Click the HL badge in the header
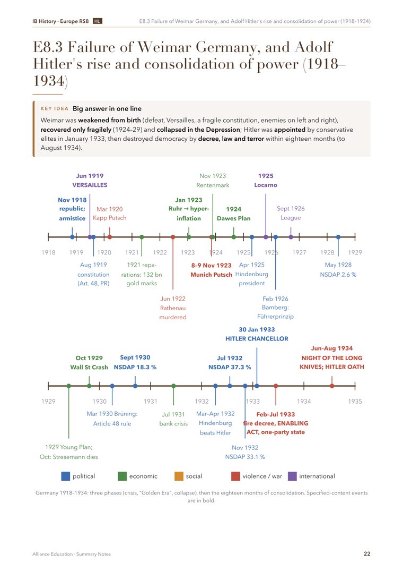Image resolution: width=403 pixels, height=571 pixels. [x=98, y=21]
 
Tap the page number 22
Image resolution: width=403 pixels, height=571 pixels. [x=367, y=553]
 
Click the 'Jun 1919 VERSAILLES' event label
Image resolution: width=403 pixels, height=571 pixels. [x=90, y=180]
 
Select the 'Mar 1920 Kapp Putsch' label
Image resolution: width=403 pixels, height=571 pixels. [x=109, y=214]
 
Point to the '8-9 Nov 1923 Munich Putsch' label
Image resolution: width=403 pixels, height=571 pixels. [x=211, y=270]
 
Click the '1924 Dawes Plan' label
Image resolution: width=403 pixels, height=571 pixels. [x=234, y=214]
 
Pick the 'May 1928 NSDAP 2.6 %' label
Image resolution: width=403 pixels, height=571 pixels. [x=338, y=269]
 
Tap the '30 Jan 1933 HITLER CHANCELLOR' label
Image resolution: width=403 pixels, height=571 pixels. [x=257, y=334]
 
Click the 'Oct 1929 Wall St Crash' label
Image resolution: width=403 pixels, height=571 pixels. [x=89, y=362]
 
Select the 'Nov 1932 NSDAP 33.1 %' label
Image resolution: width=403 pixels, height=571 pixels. [x=245, y=452]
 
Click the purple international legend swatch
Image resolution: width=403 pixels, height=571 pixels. [x=292, y=476]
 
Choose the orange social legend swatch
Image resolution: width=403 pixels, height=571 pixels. [x=179, y=476]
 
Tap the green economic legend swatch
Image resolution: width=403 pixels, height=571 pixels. [x=122, y=476]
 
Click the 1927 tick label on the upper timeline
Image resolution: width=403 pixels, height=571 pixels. [x=299, y=252]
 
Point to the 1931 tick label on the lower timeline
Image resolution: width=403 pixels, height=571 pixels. [x=151, y=402]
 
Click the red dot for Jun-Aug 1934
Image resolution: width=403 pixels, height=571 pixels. [x=332, y=386]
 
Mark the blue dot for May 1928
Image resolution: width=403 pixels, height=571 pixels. [x=338, y=237]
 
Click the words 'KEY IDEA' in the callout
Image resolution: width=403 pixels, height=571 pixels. [x=55, y=108]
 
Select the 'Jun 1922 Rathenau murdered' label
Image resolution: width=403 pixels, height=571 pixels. [x=173, y=308]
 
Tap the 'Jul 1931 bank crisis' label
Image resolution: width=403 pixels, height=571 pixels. [x=173, y=419]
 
